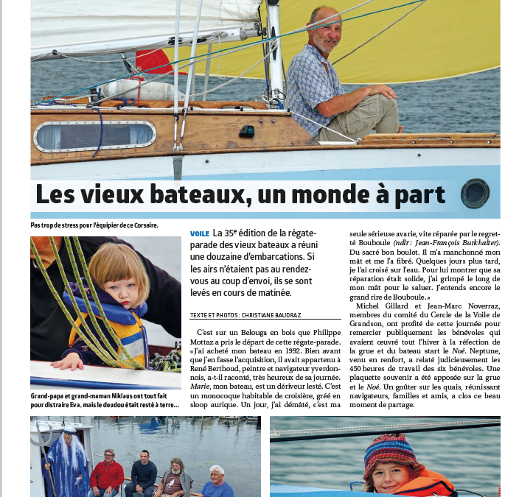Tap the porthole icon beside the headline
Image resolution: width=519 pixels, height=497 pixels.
475,194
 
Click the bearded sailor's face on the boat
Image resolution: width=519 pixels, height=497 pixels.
325,29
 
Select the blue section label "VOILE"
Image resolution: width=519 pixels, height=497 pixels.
199,234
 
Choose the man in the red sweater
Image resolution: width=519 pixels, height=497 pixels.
108,473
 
